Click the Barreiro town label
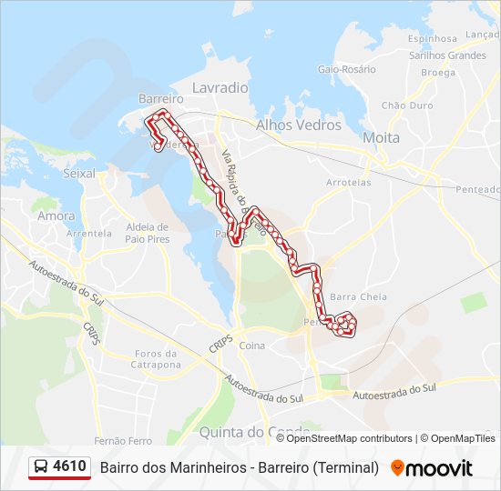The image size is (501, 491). (156, 98)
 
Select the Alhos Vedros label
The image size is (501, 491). (299, 125)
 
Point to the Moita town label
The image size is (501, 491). (381, 137)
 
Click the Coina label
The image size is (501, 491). (251, 346)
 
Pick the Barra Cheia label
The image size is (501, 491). (358, 296)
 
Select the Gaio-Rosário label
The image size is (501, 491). (346, 69)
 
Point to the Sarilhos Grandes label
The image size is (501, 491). (447, 55)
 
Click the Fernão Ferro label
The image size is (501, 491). (127, 441)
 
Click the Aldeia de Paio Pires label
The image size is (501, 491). (148, 233)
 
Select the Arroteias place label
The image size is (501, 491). (348, 182)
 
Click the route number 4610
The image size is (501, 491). (70, 466)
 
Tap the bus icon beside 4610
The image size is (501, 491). (42, 467)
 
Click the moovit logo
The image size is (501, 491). (432, 468)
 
